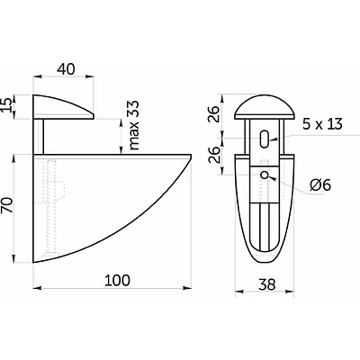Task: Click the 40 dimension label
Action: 66,69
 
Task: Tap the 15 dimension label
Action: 7,104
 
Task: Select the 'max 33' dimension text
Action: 134,125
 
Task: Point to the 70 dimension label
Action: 8,205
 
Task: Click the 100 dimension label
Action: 117,280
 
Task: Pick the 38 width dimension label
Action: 266,284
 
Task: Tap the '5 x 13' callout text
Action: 322,124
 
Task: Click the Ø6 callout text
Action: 320,185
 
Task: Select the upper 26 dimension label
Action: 214,113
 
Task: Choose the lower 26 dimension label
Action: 214,155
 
